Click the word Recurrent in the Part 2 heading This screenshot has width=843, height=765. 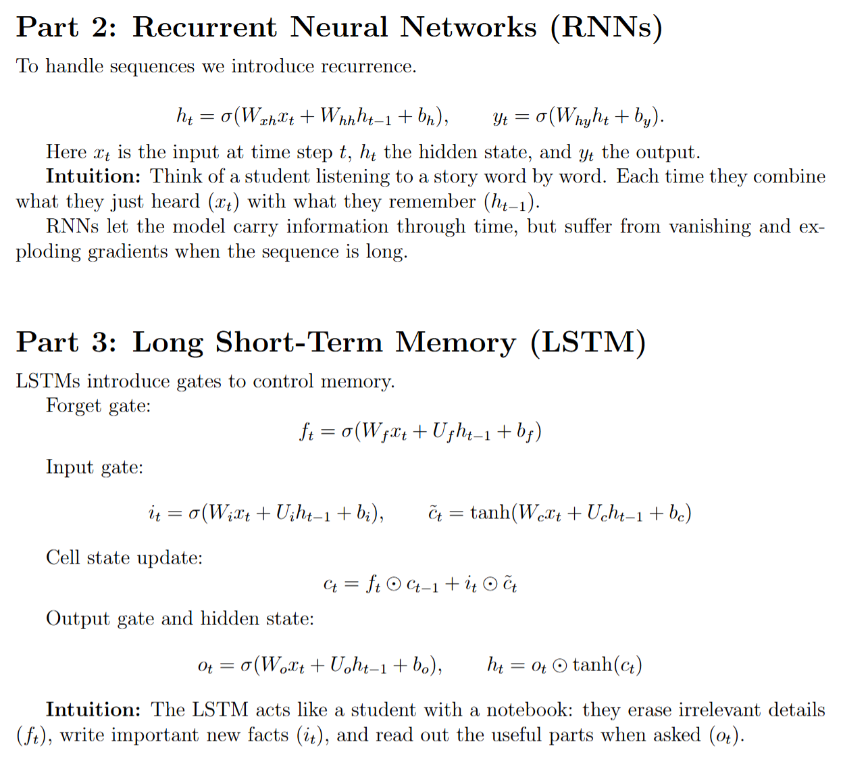point(205,28)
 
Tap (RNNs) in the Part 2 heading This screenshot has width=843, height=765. point(607,28)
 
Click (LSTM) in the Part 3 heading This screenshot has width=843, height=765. point(588,343)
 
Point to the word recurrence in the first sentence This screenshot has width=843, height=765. point(366,66)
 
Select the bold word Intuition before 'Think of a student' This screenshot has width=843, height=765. point(93,176)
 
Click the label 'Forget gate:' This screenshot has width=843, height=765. point(98,406)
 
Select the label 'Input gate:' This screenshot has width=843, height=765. point(95,468)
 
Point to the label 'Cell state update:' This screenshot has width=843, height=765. point(124,558)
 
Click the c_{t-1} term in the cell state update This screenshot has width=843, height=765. point(423,585)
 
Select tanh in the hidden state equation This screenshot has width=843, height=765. point(592,666)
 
